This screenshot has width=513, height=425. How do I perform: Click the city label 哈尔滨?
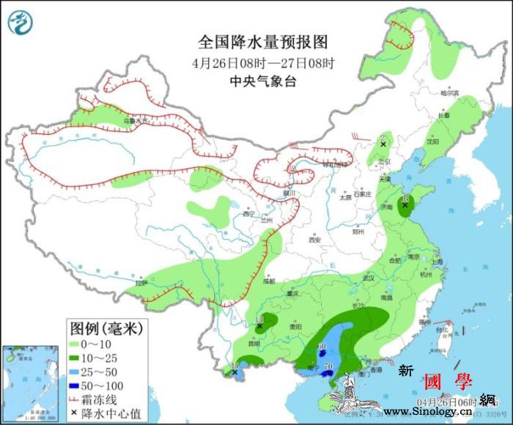[449, 93]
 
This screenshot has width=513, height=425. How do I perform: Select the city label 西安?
[315, 240]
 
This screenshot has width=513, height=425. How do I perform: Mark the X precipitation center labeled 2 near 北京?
[383, 145]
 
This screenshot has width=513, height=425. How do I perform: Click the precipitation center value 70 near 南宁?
[328, 366]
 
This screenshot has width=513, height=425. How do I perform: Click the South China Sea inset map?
[31, 382]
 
